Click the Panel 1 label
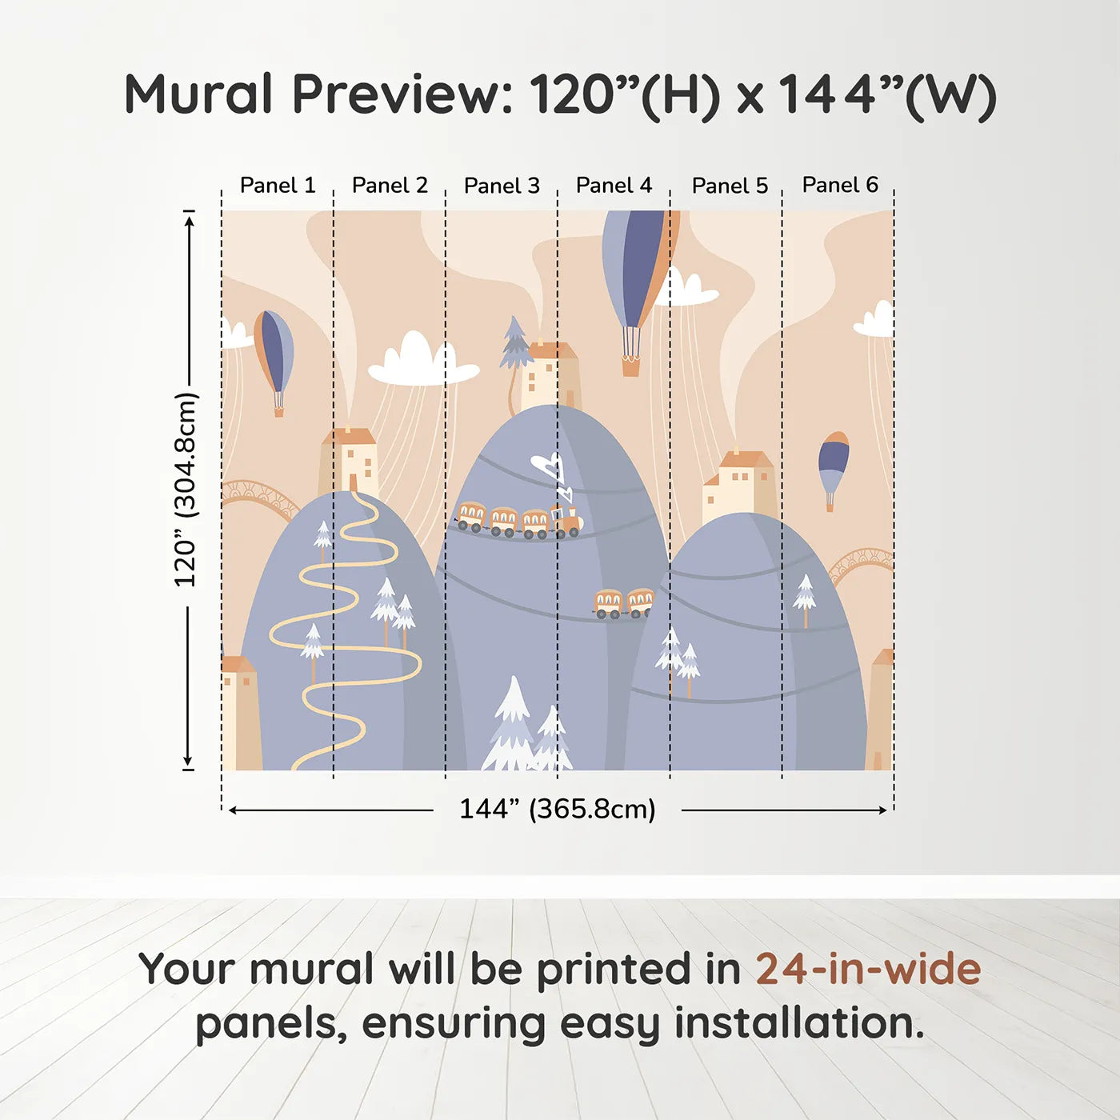(x=278, y=186)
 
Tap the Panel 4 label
(x=614, y=186)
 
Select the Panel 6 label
(x=840, y=185)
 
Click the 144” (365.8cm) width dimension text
(x=558, y=809)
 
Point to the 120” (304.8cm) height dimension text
(x=186, y=490)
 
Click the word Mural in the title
(x=198, y=94)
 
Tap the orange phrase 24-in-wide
(x=868, y=969)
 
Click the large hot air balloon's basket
(x=630, y=366)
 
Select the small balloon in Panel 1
(x=274, y=362)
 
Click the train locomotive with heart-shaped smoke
(x=566, y=521)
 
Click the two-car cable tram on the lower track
(x=624, y=603)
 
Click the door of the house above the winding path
(x=354, y=482)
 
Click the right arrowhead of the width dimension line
(x=882, y=810)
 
